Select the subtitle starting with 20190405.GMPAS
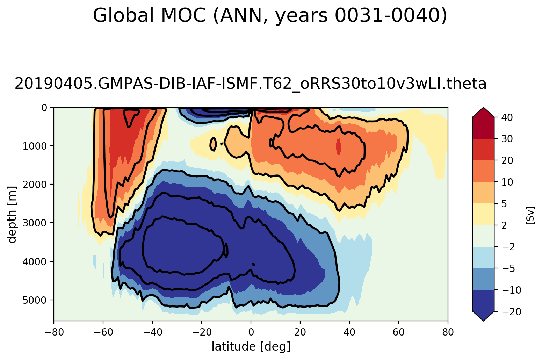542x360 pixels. (x=250, y=84)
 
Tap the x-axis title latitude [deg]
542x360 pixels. (x=251, y=347)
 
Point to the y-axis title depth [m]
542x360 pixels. (x=12, y=214)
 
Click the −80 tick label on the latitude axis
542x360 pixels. (x=54, y=332)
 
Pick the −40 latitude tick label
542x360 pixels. (x=152, y=332)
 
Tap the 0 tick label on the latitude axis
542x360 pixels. (x=251, y=332)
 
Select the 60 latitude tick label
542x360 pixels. (x=399, y=332)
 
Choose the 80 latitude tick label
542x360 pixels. (x=448, y=332)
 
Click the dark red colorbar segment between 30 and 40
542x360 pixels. (x=483, y=128)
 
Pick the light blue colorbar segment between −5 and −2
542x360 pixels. (x=483, y=258)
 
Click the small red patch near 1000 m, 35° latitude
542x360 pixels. (x=338, y=146)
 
